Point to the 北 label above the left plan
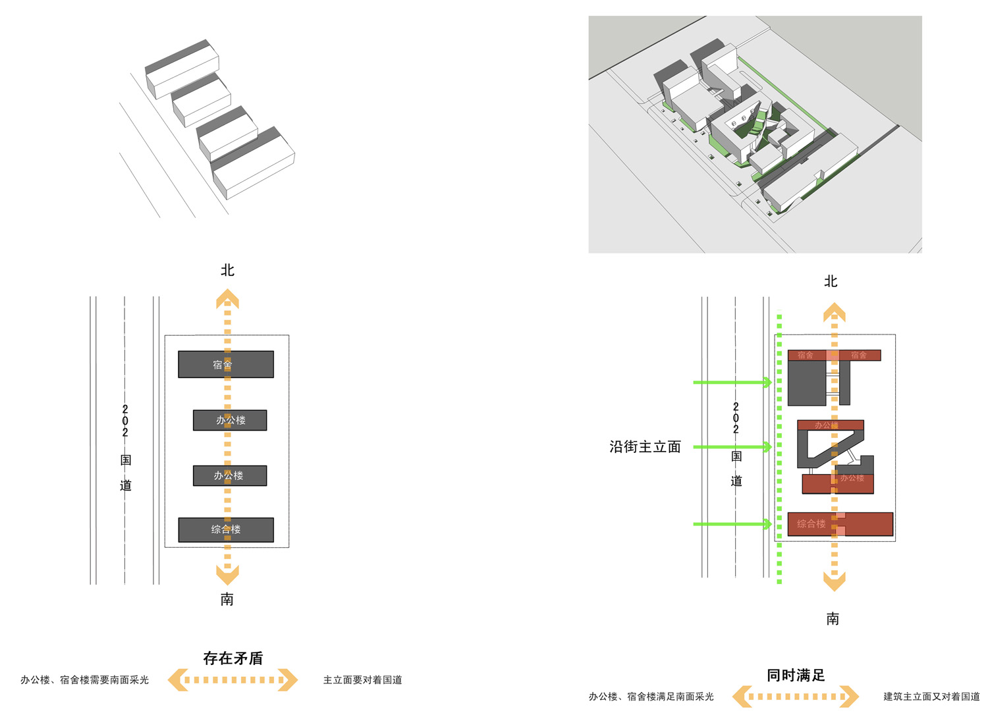pyautogui.click(x=227, y=271)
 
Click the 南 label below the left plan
pyautogui.click(x=227, y=599)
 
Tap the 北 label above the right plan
pyautogui.click(x=831, y=282)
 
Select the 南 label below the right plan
pyautogui.click(x=833, y=619)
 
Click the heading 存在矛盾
pyautogui.click(x=233, y=658)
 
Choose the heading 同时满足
pyautogui.click(x=796, y=676)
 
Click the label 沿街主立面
pyautogui.click(x=645, y=447)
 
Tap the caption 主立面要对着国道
pyautogui.click(x=362, y=680)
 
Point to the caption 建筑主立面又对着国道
pyautogui.click(x=931, y=697)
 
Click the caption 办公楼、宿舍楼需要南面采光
pyautogui.click(x=84, y=680)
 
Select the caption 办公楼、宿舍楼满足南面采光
pyautogui.click(x=651, y=697)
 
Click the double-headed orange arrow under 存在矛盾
pyautogui.click(x=233, y=680)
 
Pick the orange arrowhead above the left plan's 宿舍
pyautogui.click(x=227, y=300)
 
